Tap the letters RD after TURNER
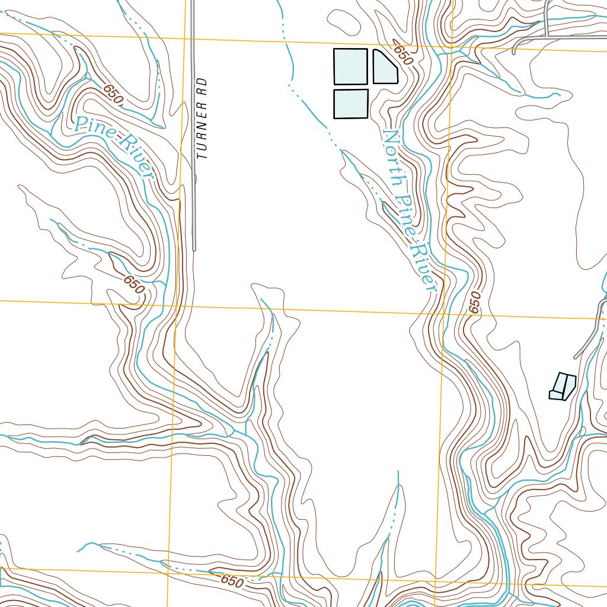point(203,87)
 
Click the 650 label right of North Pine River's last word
point(474,302)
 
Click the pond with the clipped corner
point(384,67)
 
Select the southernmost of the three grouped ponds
point(350,104)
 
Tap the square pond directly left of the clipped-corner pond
point(350,66)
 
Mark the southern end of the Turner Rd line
point(194,249)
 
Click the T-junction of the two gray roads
point(547,37)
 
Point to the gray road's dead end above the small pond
point(575,357)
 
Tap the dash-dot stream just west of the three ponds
point(290,65)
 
